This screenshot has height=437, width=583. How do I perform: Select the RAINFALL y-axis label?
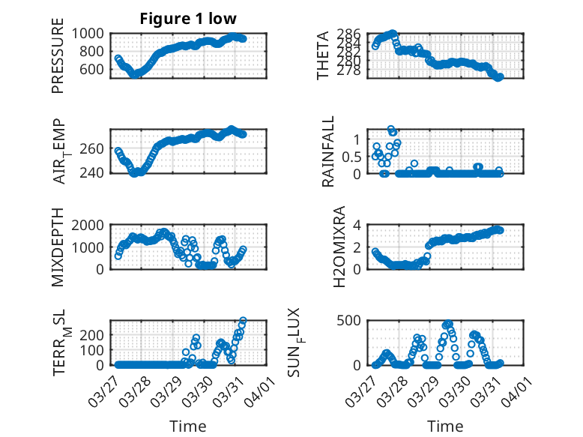pos(328,153)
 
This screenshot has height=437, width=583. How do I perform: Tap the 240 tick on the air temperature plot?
pos(98,172)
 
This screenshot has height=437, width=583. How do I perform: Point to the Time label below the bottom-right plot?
pos(445,427)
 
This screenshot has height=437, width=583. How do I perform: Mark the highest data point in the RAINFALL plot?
pos(391,129)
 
